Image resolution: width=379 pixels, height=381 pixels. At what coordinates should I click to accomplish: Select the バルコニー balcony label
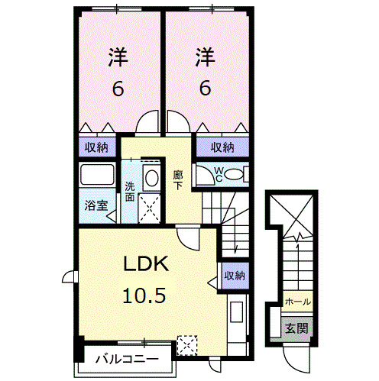click(127, 358)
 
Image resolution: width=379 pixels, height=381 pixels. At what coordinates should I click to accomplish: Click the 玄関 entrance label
click(296, 329)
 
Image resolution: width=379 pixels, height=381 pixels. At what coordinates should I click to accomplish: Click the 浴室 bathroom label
click(96, 205)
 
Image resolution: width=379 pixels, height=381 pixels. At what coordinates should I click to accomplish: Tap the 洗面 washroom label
click(130, 190)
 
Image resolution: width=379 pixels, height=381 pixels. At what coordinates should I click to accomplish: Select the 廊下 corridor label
click(177, 179)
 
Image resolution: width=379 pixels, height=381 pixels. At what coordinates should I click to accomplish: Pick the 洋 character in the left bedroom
click(117, 57)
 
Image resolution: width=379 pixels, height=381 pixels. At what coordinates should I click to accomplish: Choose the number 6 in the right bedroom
click(204, 89)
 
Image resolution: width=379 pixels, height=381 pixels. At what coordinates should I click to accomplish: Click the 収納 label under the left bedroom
click(96, 147)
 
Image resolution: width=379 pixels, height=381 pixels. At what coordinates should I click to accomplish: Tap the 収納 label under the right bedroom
click(222, 147)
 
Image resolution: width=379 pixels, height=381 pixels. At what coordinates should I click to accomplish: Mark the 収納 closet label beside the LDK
click(234, 276)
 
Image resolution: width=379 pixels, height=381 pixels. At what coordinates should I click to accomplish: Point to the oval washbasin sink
click(151, 178)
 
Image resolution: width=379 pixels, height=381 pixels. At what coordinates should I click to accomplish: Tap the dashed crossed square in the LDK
click(186, 345)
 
